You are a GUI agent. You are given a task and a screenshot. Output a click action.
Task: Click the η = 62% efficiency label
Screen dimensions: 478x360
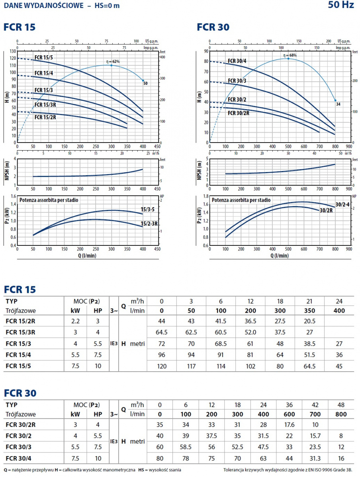(x=113, y=62)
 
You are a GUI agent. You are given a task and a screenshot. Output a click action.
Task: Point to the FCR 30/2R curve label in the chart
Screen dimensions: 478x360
(x=239, y=113)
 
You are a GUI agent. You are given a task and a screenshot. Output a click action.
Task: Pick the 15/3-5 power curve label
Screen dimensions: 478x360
(x=148, y=209)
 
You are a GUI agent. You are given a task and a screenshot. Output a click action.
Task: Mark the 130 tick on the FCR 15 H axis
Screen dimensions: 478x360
(x=12, y=51)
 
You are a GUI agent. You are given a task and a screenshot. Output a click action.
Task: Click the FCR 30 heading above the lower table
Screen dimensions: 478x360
(x=20, y=393)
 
